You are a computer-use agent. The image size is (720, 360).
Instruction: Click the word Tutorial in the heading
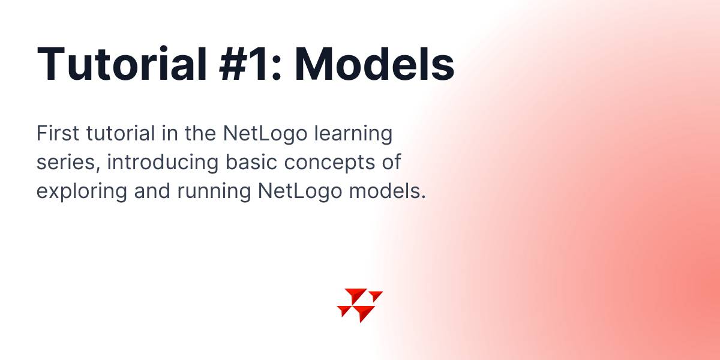point(122,64)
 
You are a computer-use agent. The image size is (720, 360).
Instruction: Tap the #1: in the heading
point(250,64)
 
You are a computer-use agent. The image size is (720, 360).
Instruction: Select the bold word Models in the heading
point(374,64)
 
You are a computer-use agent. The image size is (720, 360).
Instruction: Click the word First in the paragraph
point(58,133)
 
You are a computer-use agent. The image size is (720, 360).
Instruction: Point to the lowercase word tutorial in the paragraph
point(121,133)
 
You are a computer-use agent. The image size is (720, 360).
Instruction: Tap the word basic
point(251,162)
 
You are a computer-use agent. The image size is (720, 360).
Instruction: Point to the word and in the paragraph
point(152,191)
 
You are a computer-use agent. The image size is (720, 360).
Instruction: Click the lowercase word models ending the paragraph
point(388,191)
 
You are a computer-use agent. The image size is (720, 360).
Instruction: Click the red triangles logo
point(360,305)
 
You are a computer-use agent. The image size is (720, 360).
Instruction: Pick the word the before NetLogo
point(200,133)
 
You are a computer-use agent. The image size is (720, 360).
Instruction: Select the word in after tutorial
point(170,133)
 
